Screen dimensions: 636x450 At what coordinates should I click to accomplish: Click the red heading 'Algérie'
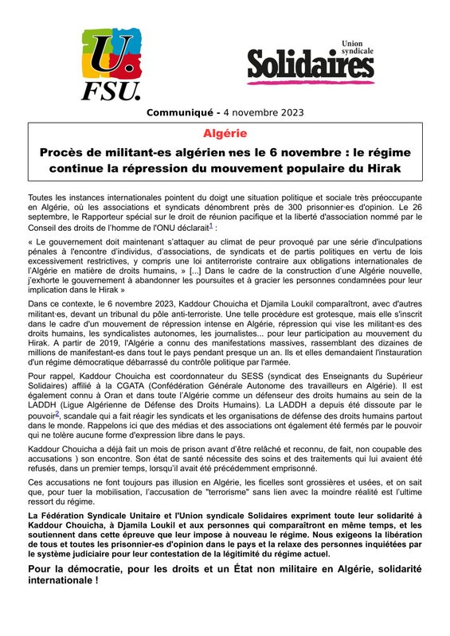[225, 133]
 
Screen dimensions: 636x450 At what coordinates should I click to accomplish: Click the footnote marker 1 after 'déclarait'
[210, 225]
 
